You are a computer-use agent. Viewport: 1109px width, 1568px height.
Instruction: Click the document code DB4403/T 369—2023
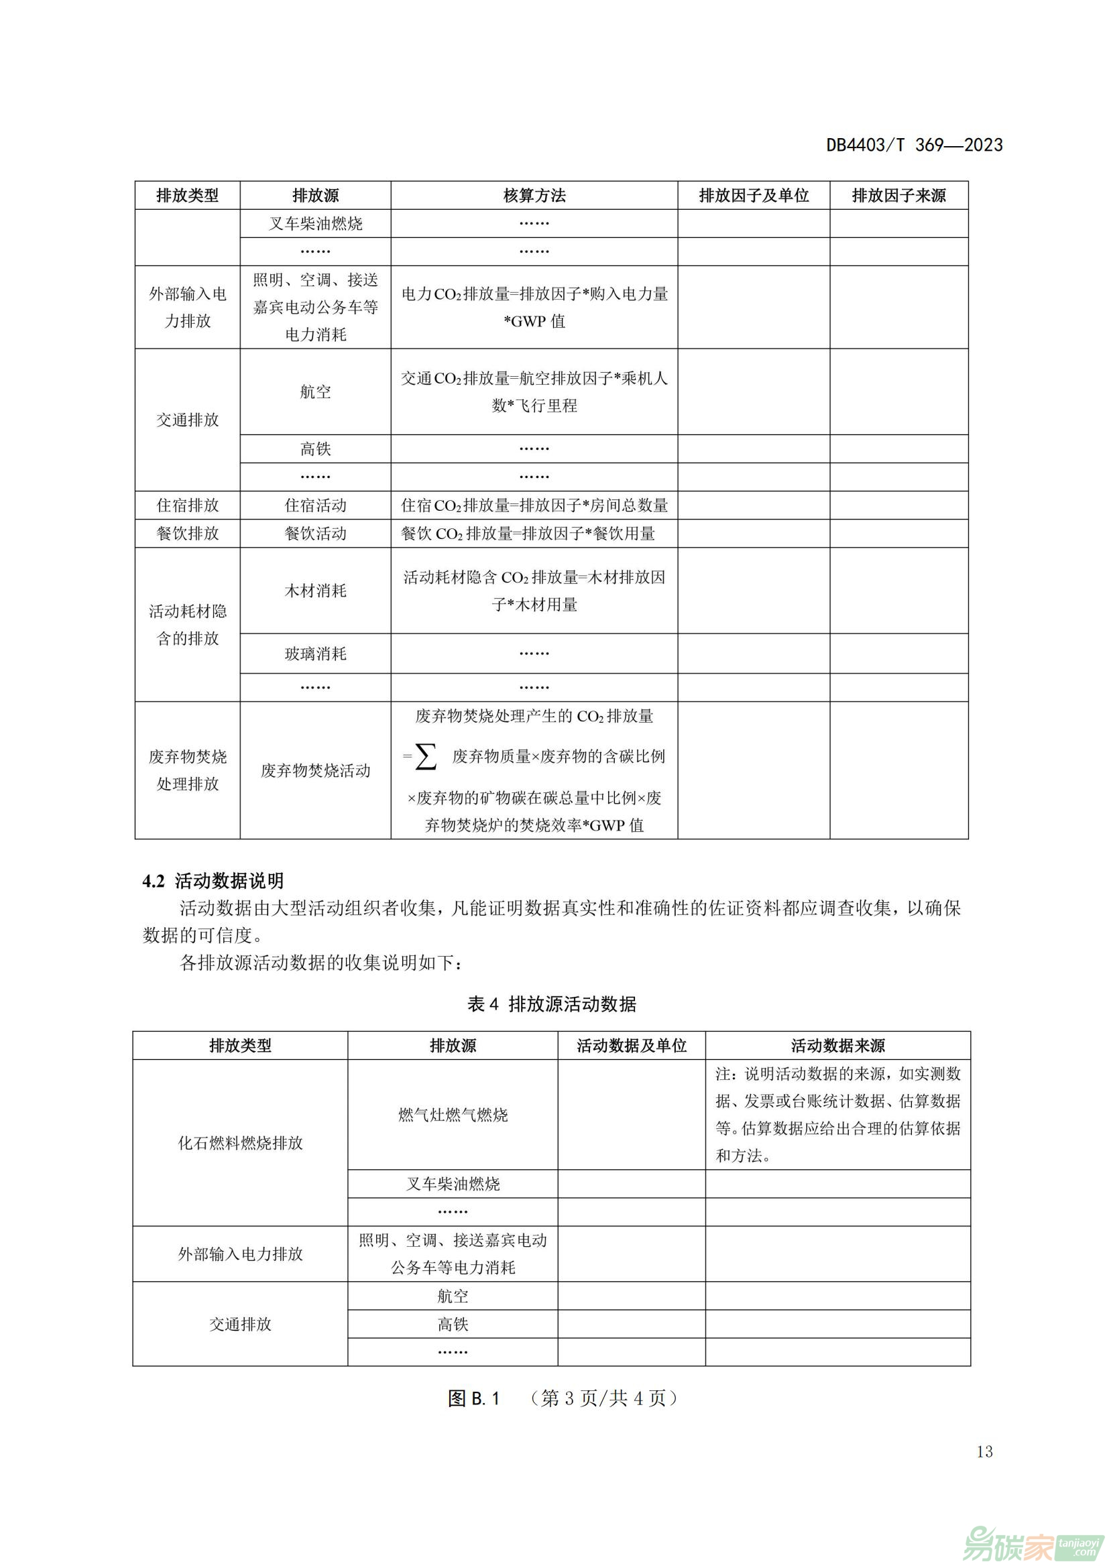click(914, 145)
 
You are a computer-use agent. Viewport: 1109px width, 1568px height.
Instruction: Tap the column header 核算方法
click(534, 196)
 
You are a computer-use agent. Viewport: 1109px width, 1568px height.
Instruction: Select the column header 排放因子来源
click(898, 196)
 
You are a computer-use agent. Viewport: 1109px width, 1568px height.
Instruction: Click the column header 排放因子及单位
click(753, 196)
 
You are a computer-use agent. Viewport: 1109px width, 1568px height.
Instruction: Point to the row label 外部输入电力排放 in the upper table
click(188, 307)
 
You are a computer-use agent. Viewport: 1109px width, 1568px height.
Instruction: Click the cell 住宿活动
click(316, 505)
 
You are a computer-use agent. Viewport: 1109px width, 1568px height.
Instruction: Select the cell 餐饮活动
click(316, 534)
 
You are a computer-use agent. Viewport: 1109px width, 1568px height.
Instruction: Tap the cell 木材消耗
click(316, 590)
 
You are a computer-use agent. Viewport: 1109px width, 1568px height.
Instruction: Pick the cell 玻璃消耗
click(316, 654)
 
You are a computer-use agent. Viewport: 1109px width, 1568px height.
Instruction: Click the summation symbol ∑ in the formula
click(426, 757)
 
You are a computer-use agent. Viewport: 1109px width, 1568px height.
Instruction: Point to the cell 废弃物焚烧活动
click(316, 770)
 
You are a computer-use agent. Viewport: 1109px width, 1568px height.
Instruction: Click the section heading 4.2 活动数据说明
click(213, 881)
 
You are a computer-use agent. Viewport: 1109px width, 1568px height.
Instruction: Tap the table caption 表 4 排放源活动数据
click(552, 1004)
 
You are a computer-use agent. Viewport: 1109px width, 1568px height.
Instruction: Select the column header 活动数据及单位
click(631, 1046)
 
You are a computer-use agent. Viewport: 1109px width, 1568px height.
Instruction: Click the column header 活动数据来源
click(838, 1046)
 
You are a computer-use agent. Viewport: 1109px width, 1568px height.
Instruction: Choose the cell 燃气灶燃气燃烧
click(453, 1115)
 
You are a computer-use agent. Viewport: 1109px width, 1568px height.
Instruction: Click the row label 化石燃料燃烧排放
click(241, 1142)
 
